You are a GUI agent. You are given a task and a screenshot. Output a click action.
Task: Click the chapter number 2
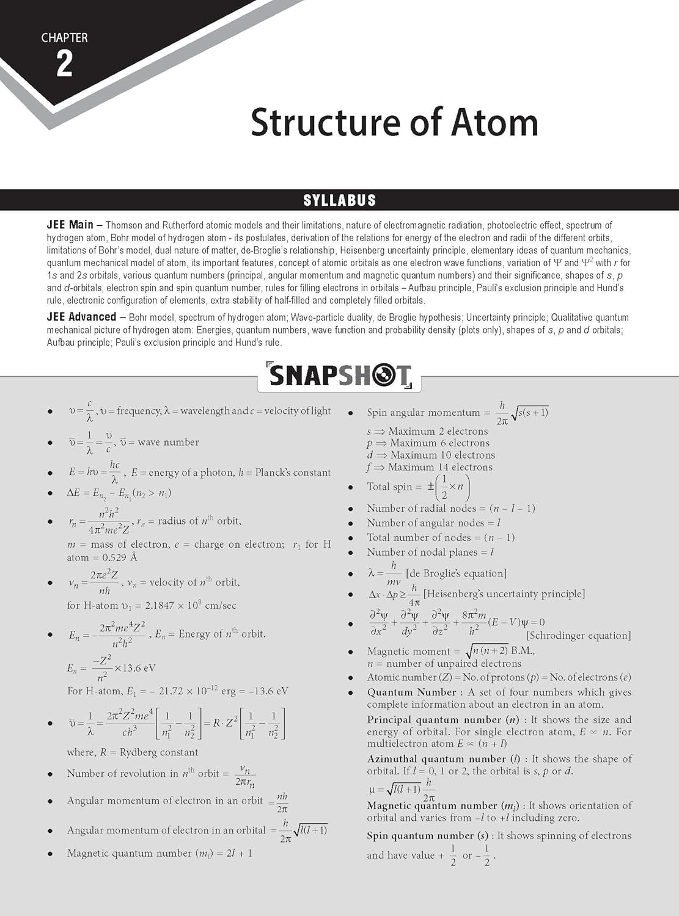(64, 64)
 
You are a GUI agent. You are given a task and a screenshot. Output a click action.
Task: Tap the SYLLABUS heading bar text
(339, 200)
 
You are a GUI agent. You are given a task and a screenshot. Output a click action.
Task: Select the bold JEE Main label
(70, 225)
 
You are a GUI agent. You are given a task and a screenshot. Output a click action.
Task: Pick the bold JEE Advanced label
(81, 317)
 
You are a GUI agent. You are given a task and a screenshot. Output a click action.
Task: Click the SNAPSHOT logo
(339, 376)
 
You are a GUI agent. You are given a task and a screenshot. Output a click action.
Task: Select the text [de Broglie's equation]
(456, 573)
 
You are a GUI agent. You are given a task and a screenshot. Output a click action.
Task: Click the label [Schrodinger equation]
(578, 636)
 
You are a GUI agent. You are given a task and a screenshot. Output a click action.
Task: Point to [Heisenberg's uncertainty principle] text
(504, 594)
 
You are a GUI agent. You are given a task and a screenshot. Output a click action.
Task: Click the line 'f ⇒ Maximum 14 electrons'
(430, 467)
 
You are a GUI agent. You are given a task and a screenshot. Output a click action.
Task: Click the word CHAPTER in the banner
(64, 38)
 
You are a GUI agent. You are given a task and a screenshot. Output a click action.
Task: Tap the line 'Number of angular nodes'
(433, 523)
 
